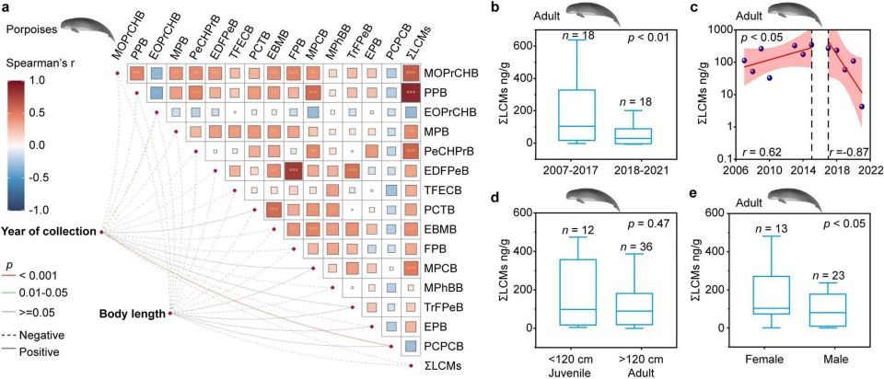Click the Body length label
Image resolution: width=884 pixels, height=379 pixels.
click(x=131, y=314)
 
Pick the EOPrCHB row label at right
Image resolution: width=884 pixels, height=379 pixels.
click(x=450, y=111)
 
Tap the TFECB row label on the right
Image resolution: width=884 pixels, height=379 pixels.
click(x=444, y=189)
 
